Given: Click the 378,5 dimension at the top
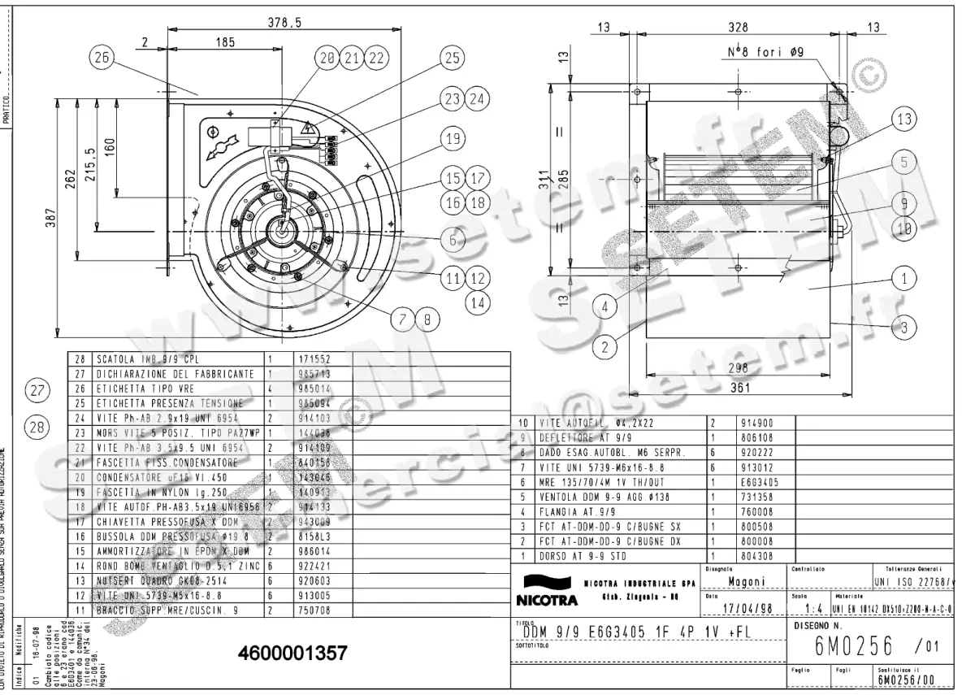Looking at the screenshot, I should coord(284,24).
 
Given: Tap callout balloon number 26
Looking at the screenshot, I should coord(103,58).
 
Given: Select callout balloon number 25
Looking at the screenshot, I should coord(452,58).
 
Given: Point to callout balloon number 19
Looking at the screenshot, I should coord(453,139).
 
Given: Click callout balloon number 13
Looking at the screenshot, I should coord(903,119).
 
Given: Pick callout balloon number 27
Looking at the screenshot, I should coord(36,390).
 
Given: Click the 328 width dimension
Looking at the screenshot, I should coord(738,28).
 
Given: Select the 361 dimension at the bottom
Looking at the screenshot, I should coord(739,389).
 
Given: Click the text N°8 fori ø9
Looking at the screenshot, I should coord(765,53).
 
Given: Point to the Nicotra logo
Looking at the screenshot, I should coord(546,592).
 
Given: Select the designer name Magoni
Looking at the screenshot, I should coord(743,581).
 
